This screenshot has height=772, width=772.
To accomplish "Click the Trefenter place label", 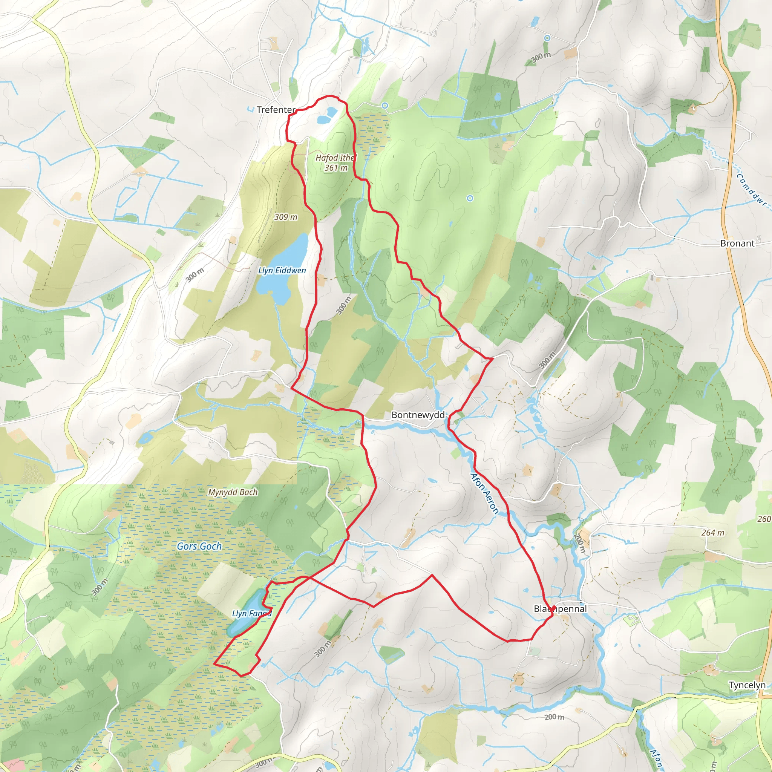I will click(x=276, y=109).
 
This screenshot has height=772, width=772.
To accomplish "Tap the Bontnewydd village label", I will click(x=418, y=415).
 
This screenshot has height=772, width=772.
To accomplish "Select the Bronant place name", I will click(x=737, y=244).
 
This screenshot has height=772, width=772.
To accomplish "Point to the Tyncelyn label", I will click(x=747, y=685).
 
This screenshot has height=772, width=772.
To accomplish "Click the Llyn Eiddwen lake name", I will click(x=282, y=271).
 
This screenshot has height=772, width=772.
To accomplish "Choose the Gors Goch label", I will click(x=199, y=546).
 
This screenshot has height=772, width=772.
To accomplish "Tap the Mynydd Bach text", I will click(x=233, y=492).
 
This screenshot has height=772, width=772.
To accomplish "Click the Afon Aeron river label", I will click(x=484, y=493).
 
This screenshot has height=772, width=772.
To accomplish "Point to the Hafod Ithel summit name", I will click(x=335, y=158).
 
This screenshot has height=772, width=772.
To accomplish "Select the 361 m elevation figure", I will click(x=335, y=168).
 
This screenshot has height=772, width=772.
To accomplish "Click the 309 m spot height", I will click(x=286, y=217).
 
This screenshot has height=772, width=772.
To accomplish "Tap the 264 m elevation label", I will click(x=713, y=533).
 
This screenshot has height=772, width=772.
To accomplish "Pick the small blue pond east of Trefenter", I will click(x=327, y=116).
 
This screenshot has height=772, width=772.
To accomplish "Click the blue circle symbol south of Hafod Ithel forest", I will click(x=470, y=198).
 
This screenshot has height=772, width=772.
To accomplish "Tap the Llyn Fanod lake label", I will click(x=251, y=613).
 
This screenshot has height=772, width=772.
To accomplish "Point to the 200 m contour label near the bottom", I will click(x=554, y=728).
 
